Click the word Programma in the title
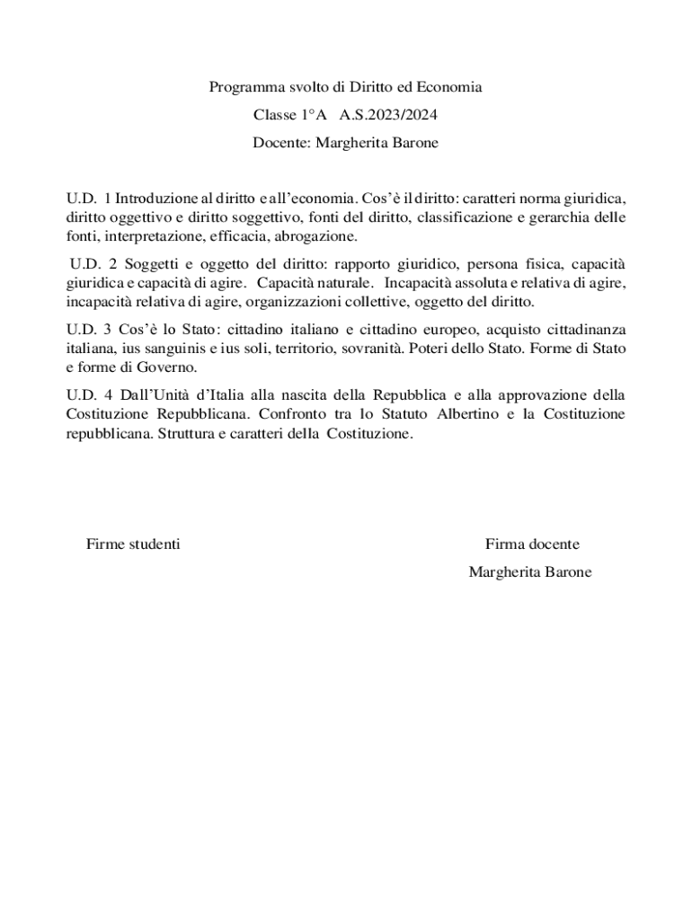pyautogui.click(x=241, y=87)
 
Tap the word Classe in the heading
pyautogui.click(x=274, y=116)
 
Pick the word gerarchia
pyautogui.click(x=562, y=217)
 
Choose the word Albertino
pyautogui.click(x=467, y=413)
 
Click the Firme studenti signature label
pyautogui.click(x=133, y=544)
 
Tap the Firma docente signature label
pyautogui.click(x=532, y=544)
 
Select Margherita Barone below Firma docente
pyautogui.click(x=530, y=571)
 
